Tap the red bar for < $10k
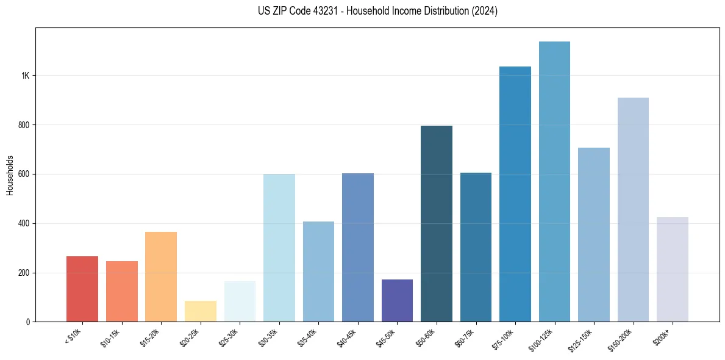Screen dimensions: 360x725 click(x=82, y=289)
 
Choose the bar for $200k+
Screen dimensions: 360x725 click(x=672, y=269)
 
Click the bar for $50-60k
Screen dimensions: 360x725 click(x=437, y=223)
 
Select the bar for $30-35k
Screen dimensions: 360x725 click(x=279, y=248)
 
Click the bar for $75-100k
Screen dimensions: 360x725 click(x=515, y=194)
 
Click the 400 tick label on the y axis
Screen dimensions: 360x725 click(x=24, y=223)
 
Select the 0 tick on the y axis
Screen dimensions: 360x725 click(x=28, y=322)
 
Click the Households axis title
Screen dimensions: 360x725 click(x=10, y=175)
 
